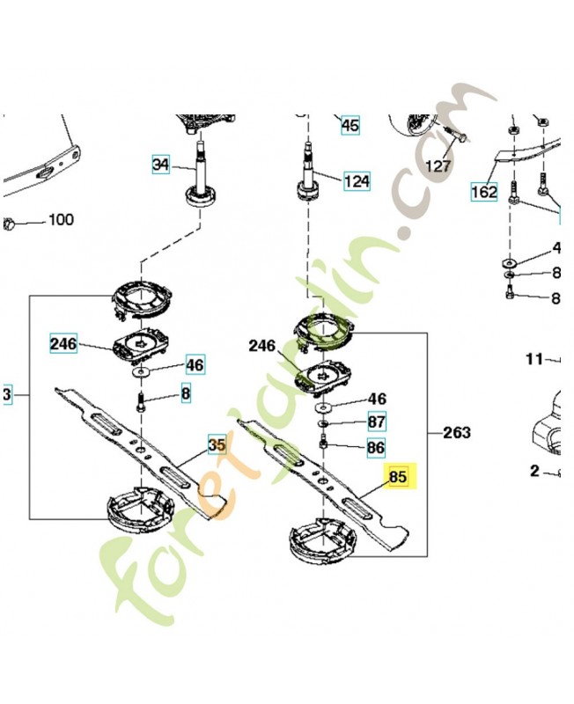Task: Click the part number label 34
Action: pyautogui.click(x=160, y=164)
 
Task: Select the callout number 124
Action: pyautogui.click(x=357, y=182)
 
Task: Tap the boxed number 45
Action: pyautogui.click(x=350, y=126)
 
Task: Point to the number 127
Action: pyautogui.click(x=438, y=165)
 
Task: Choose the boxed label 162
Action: pyautogui.click(x=484, y=190)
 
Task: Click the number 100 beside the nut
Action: pyautogui.click(x=60, y=220)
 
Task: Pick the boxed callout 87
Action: pyautogui.click(x=376, y=422)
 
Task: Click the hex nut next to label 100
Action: pyautogui.click(x=11, y=222)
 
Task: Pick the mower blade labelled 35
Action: pyautogui.click(x=141, y=449)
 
